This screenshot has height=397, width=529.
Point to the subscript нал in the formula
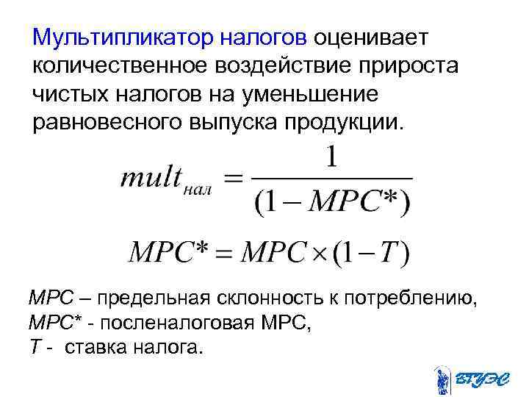(x=198, y=189)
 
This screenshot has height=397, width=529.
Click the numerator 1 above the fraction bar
(x=331, y=158)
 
